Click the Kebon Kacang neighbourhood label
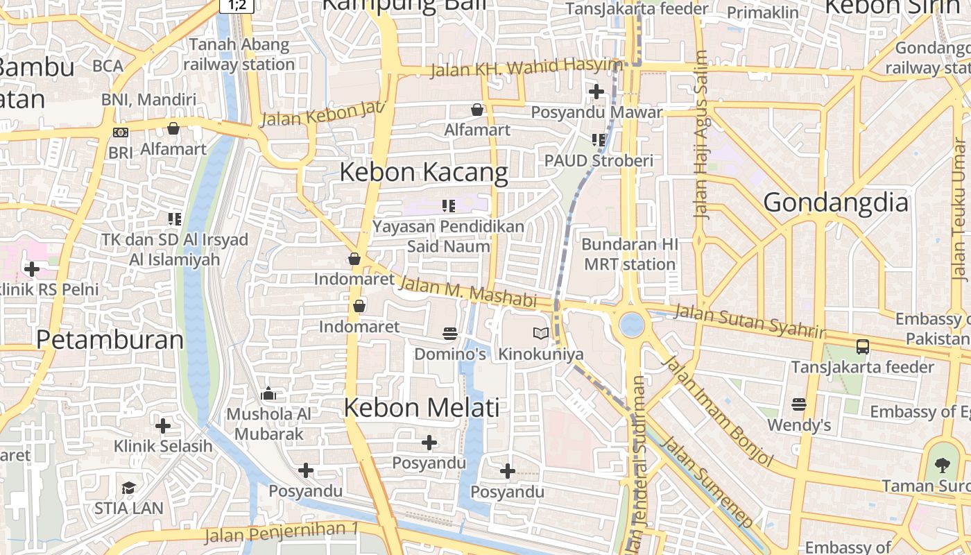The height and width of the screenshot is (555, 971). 424,172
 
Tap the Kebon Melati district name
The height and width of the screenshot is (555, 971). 422,407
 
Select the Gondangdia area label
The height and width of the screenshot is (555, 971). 836,203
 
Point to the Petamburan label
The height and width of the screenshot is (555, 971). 110,340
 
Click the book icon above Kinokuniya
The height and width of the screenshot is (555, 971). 541,334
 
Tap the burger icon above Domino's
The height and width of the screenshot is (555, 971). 450,334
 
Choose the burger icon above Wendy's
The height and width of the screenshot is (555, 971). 799,404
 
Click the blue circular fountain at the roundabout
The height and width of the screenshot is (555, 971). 631,325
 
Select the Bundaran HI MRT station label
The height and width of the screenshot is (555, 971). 629,255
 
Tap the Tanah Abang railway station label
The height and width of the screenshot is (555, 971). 239,55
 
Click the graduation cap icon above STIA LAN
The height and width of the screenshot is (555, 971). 128,488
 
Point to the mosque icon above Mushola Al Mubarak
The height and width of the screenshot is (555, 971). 268,395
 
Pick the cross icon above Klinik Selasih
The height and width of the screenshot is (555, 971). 163,425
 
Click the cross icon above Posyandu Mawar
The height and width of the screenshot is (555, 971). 596,91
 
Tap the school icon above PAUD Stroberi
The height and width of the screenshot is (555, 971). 599,140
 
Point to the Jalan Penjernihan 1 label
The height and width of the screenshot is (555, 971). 282,533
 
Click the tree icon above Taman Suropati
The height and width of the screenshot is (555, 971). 941,465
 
